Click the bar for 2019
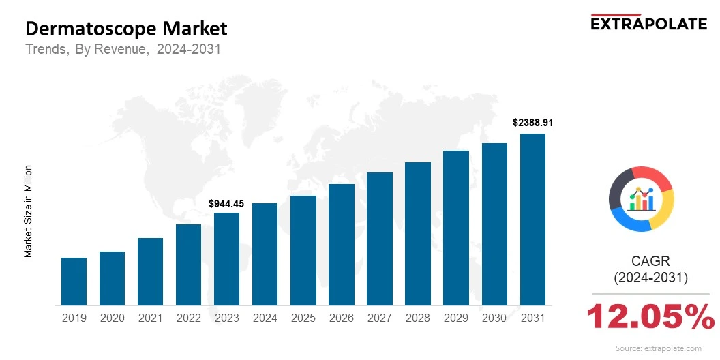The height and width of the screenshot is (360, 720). point(74,281)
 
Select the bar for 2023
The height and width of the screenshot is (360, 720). point(226,259)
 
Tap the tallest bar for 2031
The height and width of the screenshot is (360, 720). point(532,220)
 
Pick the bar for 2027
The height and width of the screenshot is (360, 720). point(380,239)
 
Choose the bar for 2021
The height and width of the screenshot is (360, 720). point(150,271)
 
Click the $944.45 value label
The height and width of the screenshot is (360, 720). point(226,204)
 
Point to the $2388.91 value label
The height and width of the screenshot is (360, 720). point(532,123)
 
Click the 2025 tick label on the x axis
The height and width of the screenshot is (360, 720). point(303,318)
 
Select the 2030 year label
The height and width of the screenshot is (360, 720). point(494,318)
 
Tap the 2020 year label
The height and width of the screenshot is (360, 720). point(112,318)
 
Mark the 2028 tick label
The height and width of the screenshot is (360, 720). point(418,318)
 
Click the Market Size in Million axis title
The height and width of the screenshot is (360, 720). point(29,211)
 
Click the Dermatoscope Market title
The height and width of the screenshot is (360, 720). point(126,29)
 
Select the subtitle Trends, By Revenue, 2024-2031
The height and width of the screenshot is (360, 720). point(123,50)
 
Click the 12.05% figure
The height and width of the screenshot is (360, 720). point(650,317)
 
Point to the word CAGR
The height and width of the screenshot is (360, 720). point(650,260)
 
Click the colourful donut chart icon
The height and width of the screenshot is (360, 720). point(641,198)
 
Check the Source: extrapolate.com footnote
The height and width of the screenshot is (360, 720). point(658,348)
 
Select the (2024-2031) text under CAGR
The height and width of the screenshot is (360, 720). point(650,277)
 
